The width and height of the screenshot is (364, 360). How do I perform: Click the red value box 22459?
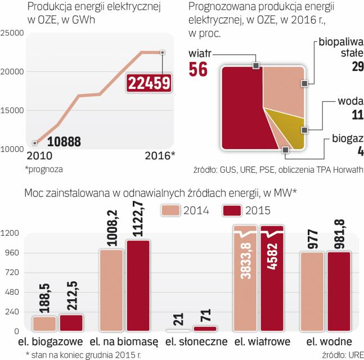pyautogui.click(x=149, y=83)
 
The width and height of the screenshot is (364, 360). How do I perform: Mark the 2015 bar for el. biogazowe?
pyautogui.click(x=71, y=323)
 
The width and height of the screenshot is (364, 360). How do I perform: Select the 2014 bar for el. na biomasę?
pyautogui.click(x=111, y=290)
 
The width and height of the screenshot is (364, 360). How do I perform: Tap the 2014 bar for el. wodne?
pyautogui.click(x=312, y=292)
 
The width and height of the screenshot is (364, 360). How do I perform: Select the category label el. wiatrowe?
pyautogui.click(x=262, y=342)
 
